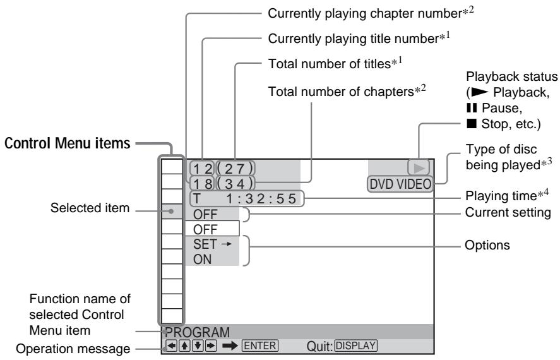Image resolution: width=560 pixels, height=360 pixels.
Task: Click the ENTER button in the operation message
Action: tap(259, 345)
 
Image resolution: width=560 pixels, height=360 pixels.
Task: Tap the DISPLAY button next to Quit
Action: tap(355, 345)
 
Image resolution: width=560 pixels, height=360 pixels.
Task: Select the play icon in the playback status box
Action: tap(419, 168)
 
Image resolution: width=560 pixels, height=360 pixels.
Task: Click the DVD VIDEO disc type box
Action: tap(400, 184)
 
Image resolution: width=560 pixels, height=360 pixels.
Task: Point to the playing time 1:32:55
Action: tap(261, 198)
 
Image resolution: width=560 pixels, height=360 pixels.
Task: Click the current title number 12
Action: tap(202, 169)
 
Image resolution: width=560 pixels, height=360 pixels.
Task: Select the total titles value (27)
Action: tap(235, 169)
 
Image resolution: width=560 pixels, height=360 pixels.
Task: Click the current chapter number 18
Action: tap(202, 184)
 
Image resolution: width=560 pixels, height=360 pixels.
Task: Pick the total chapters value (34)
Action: tap(235, 184)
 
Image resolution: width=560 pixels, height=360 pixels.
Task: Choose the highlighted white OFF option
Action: tap(212, 229)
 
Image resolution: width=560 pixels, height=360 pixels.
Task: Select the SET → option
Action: tap(213, 244)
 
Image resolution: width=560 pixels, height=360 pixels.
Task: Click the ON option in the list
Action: tap(202, 260)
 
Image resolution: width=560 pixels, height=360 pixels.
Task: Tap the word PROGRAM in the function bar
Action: tap(198, 332)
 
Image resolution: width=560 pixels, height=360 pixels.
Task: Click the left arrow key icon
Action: tap(172, 345)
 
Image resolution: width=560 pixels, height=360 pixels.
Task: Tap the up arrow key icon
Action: tap(184, 345)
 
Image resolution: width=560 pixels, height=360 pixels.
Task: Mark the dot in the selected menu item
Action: tap(172, 212)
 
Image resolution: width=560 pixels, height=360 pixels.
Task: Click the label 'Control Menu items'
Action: tap(67, 143)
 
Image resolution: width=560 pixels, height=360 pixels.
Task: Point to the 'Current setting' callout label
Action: tap(508, 212)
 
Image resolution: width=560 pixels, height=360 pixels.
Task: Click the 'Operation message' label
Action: tap(73, 349)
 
